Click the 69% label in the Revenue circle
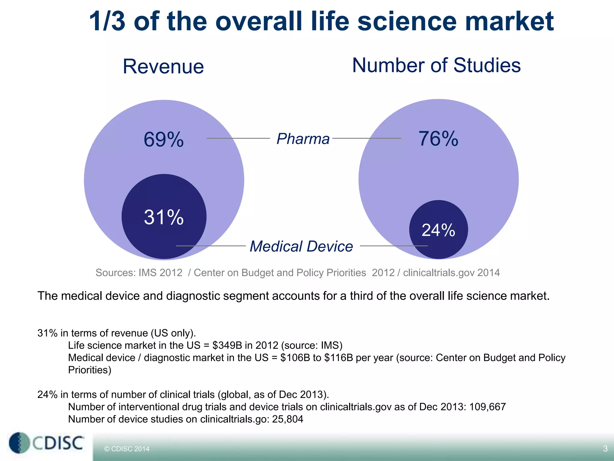pyautogui.click(x=164, y=140)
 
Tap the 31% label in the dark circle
pyautogui.click(x=164, y=217)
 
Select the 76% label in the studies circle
pyautogui.click(x=438, y=139)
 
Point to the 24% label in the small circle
pyautogui.click(x=438, y=230)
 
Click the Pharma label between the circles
pyautogui.click(x=303, y=139)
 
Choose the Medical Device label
pyautogui.click(x=301, y=246)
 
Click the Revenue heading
pyautogui.click(x=163, y=66)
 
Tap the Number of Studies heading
pyautogui.click(x=436, y=65)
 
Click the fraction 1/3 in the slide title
pyautogui.click(x=107, y=21)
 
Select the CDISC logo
pyautogui.click(x=46, y=443)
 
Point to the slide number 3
pyautogui.click(x=605, y=449)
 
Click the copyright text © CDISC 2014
pyautogui.click(x=127, y=449)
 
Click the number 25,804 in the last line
pyautogui.click(x=288, y=419)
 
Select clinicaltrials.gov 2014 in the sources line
pyautogui.click(x=451, y=273)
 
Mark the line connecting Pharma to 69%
pyautogui.click(x=238, y=138)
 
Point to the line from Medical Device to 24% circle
pyautogui.click(x=393, y=246)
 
